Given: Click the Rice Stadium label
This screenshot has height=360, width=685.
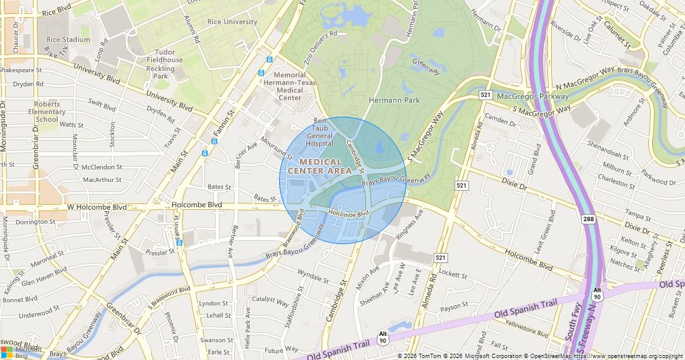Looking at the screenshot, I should point(68,39).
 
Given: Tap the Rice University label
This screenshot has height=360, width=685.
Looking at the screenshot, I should point(232,22).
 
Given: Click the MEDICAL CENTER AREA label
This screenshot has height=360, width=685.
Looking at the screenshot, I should point(320,167).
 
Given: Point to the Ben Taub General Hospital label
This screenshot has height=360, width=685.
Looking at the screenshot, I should point(320,132).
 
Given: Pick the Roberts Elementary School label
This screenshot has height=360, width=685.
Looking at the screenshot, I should point(47,112).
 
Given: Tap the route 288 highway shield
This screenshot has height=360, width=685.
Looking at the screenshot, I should point(589,219).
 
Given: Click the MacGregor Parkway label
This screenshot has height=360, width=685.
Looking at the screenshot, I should point(533,96).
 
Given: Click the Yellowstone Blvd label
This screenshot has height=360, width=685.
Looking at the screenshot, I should point(526,328).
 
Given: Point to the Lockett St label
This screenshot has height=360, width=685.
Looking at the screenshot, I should point(453,276).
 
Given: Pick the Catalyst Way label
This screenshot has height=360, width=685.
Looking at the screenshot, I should point(270,299).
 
